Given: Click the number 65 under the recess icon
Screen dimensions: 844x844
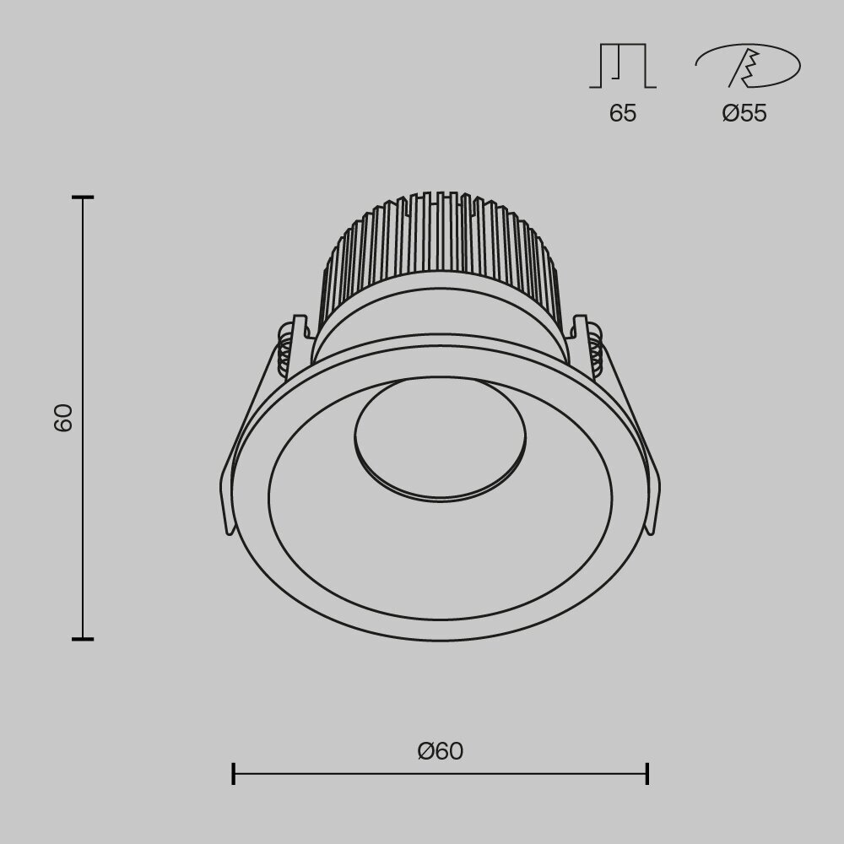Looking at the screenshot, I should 623,113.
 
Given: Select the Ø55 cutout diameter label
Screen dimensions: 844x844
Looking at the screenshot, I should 744,113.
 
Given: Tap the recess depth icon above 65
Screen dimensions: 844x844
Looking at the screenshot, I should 623,67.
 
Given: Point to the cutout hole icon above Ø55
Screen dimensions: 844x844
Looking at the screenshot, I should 747,67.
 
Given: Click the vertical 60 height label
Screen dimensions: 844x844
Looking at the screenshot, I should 64,418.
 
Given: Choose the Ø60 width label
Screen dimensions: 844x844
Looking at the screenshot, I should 440,750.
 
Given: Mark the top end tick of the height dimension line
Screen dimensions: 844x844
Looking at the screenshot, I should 83,197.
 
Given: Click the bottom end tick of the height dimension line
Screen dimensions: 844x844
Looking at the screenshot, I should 83,639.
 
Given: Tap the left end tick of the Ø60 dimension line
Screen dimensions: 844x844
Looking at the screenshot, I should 234,773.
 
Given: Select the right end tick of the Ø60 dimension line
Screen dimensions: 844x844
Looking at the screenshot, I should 647,773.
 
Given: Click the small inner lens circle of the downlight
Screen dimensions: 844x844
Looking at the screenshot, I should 440,439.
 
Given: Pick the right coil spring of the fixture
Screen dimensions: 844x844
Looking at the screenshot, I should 596,350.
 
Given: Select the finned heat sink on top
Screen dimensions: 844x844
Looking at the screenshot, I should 440,253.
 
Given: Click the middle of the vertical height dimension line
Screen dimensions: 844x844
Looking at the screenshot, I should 83,418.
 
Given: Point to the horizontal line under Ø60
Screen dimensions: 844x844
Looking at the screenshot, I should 440,773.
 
